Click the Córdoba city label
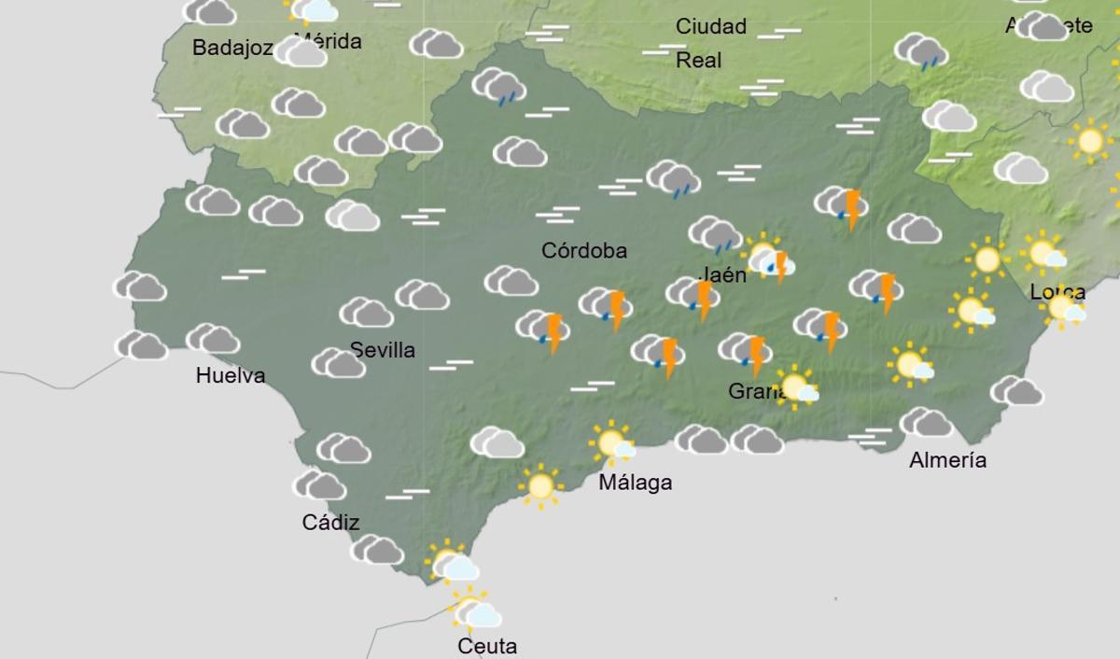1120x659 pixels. [584, 250]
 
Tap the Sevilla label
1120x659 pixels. [383, 350]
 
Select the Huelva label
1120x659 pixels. [231, 376]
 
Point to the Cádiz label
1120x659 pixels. [330, 523]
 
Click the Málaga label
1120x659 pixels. [635, 483]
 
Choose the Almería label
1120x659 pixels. [947, 459]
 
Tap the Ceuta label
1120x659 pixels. [487, 646]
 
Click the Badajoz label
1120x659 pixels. [232, 48]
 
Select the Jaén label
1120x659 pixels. [722, 274]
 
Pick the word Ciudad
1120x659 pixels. [711, 26]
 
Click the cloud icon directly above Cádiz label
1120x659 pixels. [320, 484]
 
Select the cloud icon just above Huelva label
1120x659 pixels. [213, 338]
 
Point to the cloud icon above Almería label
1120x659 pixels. [926, 422]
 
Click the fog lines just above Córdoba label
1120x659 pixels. [557, 216]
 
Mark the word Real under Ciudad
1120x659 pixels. [699, 61]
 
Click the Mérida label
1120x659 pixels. [328, 41]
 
